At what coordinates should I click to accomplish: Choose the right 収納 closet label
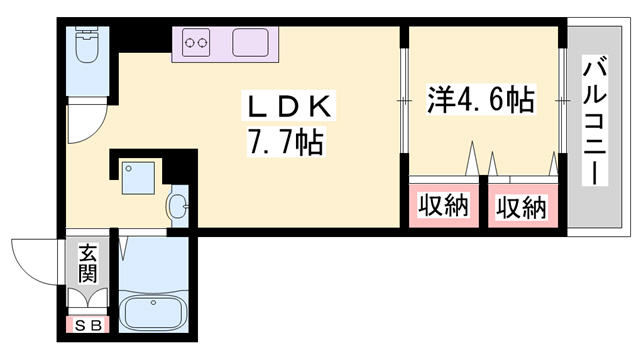point(521,207)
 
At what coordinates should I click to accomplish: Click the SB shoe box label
point(87,324)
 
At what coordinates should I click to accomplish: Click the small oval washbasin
point(178,207)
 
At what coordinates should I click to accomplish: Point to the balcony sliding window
point(562,100)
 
